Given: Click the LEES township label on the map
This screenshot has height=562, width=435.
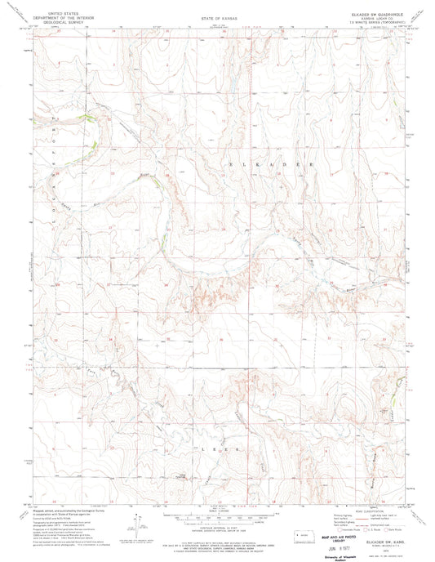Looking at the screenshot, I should (216, 448).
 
